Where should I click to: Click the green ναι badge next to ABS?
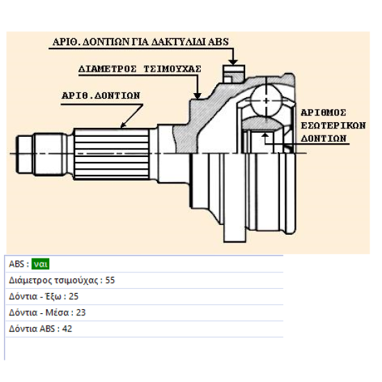pos(40,264)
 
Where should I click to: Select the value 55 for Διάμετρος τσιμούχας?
pos(110,280)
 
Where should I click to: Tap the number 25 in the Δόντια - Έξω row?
pos(74,297)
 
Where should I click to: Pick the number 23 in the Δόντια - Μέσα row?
pos(81,313)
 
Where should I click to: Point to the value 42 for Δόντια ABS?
pos(67,329)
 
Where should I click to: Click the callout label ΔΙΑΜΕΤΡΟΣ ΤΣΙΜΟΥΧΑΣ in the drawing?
pos(140,69)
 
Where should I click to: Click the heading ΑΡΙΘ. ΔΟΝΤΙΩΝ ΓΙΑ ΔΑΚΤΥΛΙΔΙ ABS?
pos(140,42)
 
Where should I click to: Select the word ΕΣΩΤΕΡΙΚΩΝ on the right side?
pos(333,126)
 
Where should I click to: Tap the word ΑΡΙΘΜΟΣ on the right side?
pos(324,113)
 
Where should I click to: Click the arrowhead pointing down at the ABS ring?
pos(233,62)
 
